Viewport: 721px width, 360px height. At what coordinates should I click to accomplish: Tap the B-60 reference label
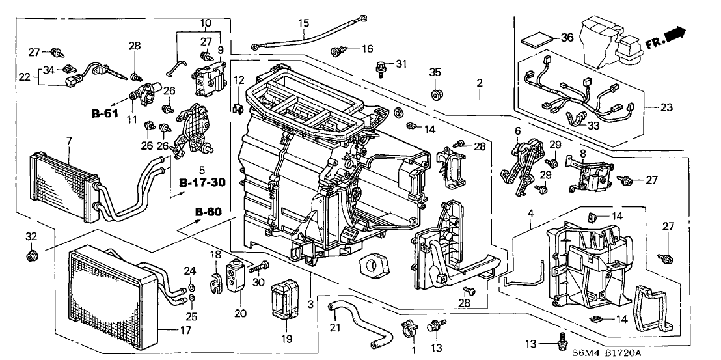click(208, 212)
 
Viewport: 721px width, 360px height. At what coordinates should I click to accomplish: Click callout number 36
click(567, 38)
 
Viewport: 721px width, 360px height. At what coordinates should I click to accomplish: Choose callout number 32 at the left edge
click(31, 236)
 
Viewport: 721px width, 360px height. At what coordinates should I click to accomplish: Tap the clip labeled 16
click(338, 49)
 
